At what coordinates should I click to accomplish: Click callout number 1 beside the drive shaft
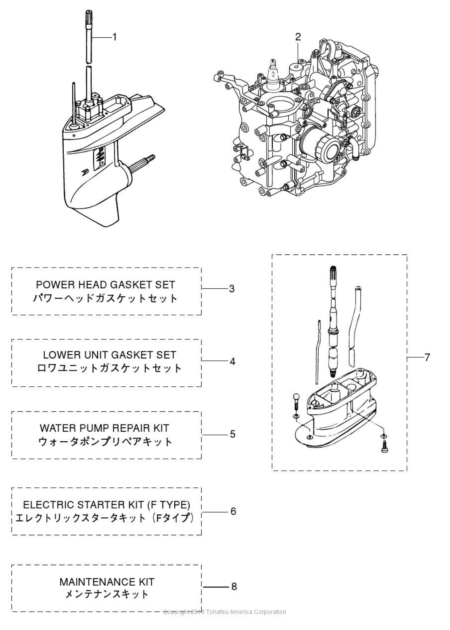click(x=114, y=37)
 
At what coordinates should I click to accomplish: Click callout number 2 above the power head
click(x=298, y=37)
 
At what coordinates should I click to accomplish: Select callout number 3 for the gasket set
click(x=231, y=289)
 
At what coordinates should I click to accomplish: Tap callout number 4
click(x=232, y=361)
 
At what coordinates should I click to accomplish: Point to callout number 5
click(x=232, y=434)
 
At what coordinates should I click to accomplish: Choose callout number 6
click(x=233, y=511)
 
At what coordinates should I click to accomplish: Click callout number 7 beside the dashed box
click(x=427, y=358)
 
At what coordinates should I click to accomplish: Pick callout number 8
click(x=234, y=586)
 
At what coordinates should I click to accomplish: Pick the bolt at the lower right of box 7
click(x=384, y=446)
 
